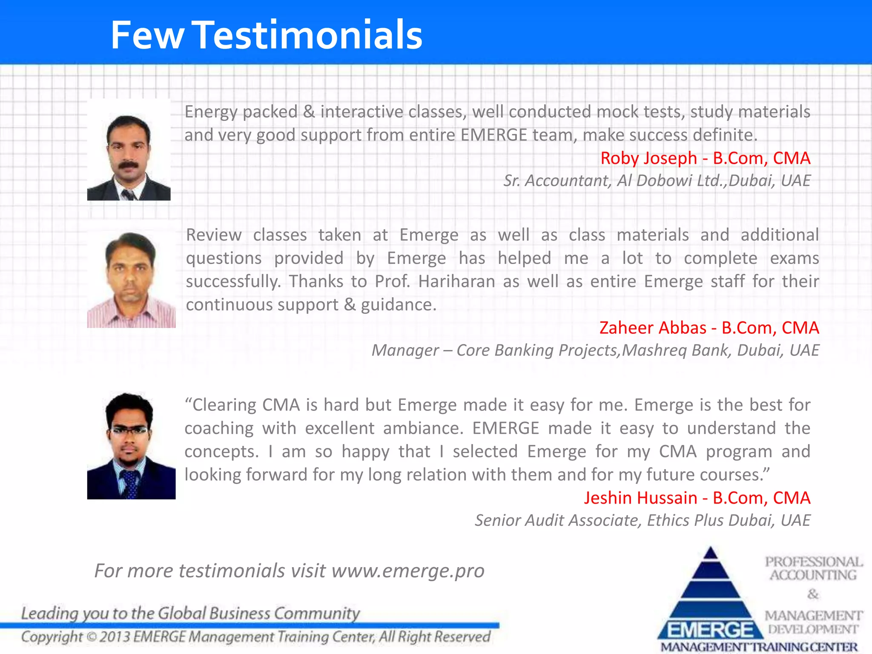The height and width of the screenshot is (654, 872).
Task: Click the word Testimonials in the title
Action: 309,35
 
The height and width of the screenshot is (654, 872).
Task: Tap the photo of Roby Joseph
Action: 129,150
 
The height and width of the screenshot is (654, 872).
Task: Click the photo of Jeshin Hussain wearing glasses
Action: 131,445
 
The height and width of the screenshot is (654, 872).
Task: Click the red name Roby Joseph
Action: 648,158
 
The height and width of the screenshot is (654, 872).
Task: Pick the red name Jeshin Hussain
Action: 640,498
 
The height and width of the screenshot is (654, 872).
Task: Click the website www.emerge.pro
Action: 407,571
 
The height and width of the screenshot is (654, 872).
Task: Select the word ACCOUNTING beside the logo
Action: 813,575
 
